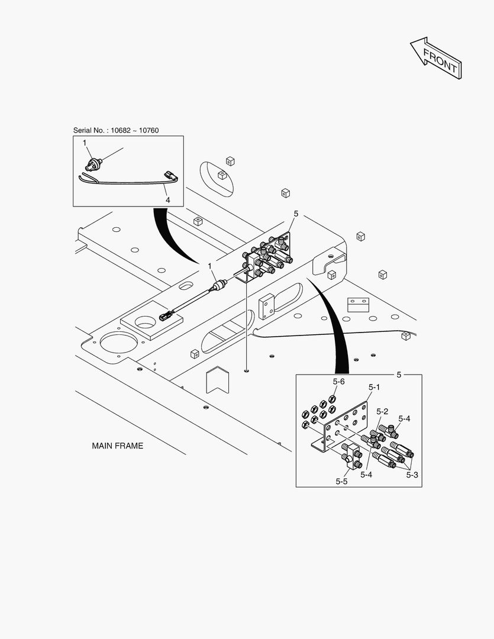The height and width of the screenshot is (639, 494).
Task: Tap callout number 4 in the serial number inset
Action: coord(167,201)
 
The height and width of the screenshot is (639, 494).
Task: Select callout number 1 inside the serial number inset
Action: coord(85,143)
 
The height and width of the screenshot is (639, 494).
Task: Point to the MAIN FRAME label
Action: coord(117,446)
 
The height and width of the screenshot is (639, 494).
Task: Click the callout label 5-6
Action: coord(338,382)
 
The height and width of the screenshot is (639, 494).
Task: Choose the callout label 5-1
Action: coord(374,387)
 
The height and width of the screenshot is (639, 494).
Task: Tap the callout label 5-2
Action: coord(382,411)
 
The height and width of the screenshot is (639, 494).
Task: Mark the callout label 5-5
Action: coord(341,482)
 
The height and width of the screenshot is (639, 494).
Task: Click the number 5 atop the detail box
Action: coord(399,375)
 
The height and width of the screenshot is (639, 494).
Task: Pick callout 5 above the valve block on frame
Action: coord(296,214)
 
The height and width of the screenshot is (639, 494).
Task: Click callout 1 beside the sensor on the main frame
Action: coord(210,267)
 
